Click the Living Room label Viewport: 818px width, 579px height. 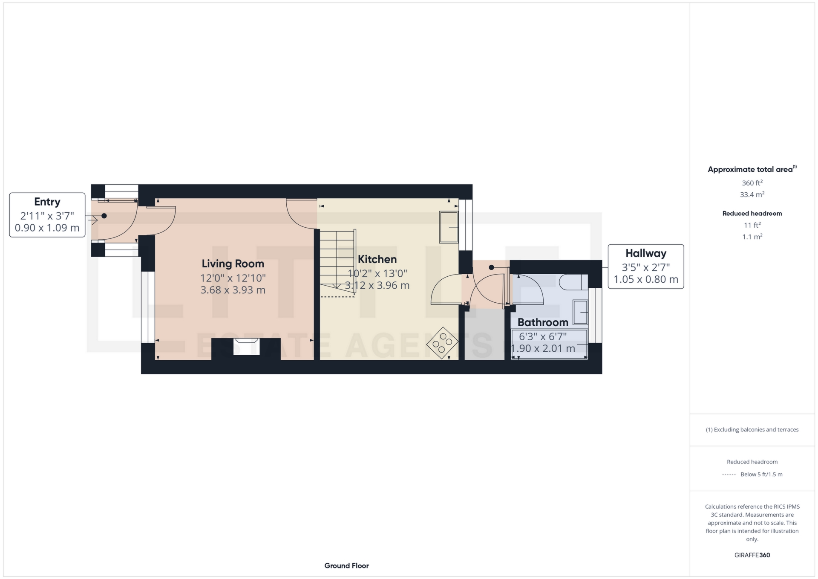(233, 264)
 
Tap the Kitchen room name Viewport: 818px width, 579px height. (377, 259)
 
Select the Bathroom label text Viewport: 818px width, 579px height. (543, 322)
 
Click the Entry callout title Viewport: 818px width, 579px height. (47, 202)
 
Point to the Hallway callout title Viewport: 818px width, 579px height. (646, 253)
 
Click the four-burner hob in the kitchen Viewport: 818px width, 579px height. (443, 343)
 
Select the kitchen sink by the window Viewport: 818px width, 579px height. (449, 227)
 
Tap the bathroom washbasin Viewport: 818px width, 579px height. (580, 313)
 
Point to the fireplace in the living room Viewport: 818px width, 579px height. (246, 346)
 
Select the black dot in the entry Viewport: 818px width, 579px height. (104, 216)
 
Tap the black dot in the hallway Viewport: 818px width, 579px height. (491, 268)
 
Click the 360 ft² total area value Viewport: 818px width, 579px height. (752, 183)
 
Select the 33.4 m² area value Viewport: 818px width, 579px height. (752, 194)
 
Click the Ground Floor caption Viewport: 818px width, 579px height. (346, 566)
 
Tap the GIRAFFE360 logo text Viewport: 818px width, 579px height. (752, 555)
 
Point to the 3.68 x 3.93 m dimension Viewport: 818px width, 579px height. (233, 290)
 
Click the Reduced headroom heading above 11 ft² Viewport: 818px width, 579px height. (752, 214)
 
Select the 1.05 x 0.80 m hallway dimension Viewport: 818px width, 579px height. (646, 279)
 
